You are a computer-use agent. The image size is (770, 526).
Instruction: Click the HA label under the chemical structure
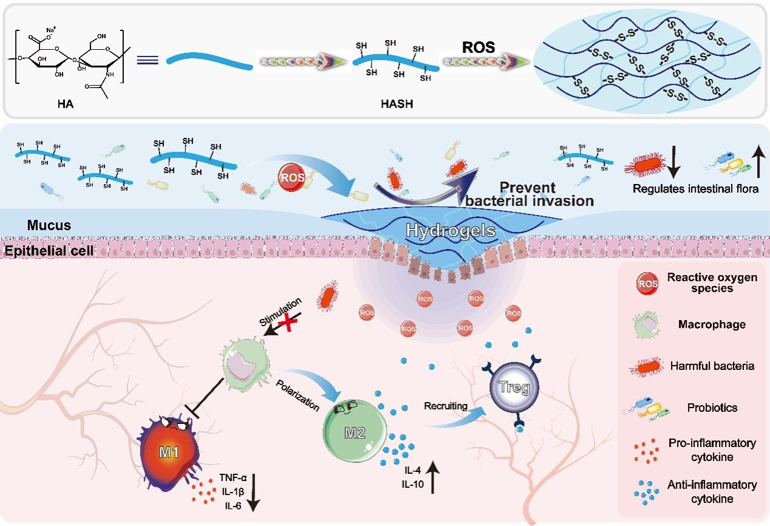click(65, 104)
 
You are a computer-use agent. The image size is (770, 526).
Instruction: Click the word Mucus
click(49, 225)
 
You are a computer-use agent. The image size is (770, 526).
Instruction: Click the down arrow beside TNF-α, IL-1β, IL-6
click(253, 493)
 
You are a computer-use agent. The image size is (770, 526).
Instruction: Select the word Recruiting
click(446, 406)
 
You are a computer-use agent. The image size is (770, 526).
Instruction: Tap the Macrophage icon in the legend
click(646, 324)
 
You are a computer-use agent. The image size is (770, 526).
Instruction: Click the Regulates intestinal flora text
click(695, 188)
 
